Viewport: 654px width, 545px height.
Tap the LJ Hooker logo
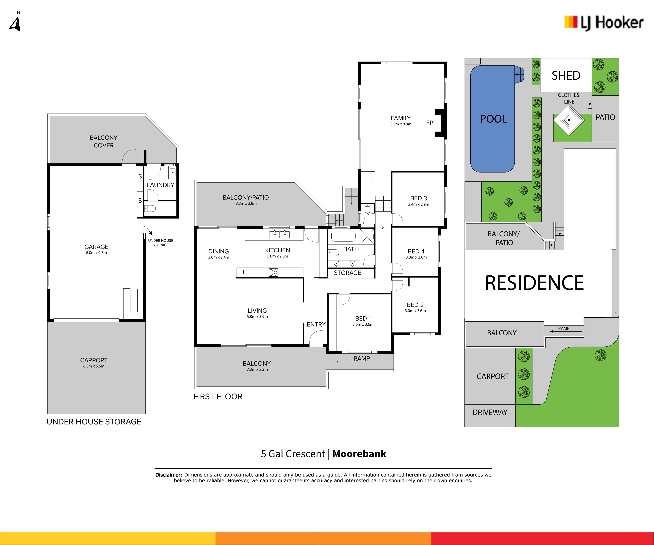coord(604,23)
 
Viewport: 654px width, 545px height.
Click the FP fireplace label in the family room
coord(430,123)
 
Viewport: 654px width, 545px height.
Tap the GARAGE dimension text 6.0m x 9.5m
coord(96,253)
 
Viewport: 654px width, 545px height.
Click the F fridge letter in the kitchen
coord(244,272)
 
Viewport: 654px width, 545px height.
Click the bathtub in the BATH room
coord(343,236)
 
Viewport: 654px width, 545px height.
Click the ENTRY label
coord(316,324)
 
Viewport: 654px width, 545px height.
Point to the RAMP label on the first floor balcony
coord(362,358)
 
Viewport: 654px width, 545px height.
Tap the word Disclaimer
coord(168,475)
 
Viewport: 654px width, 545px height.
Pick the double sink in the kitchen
coord(280,234)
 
